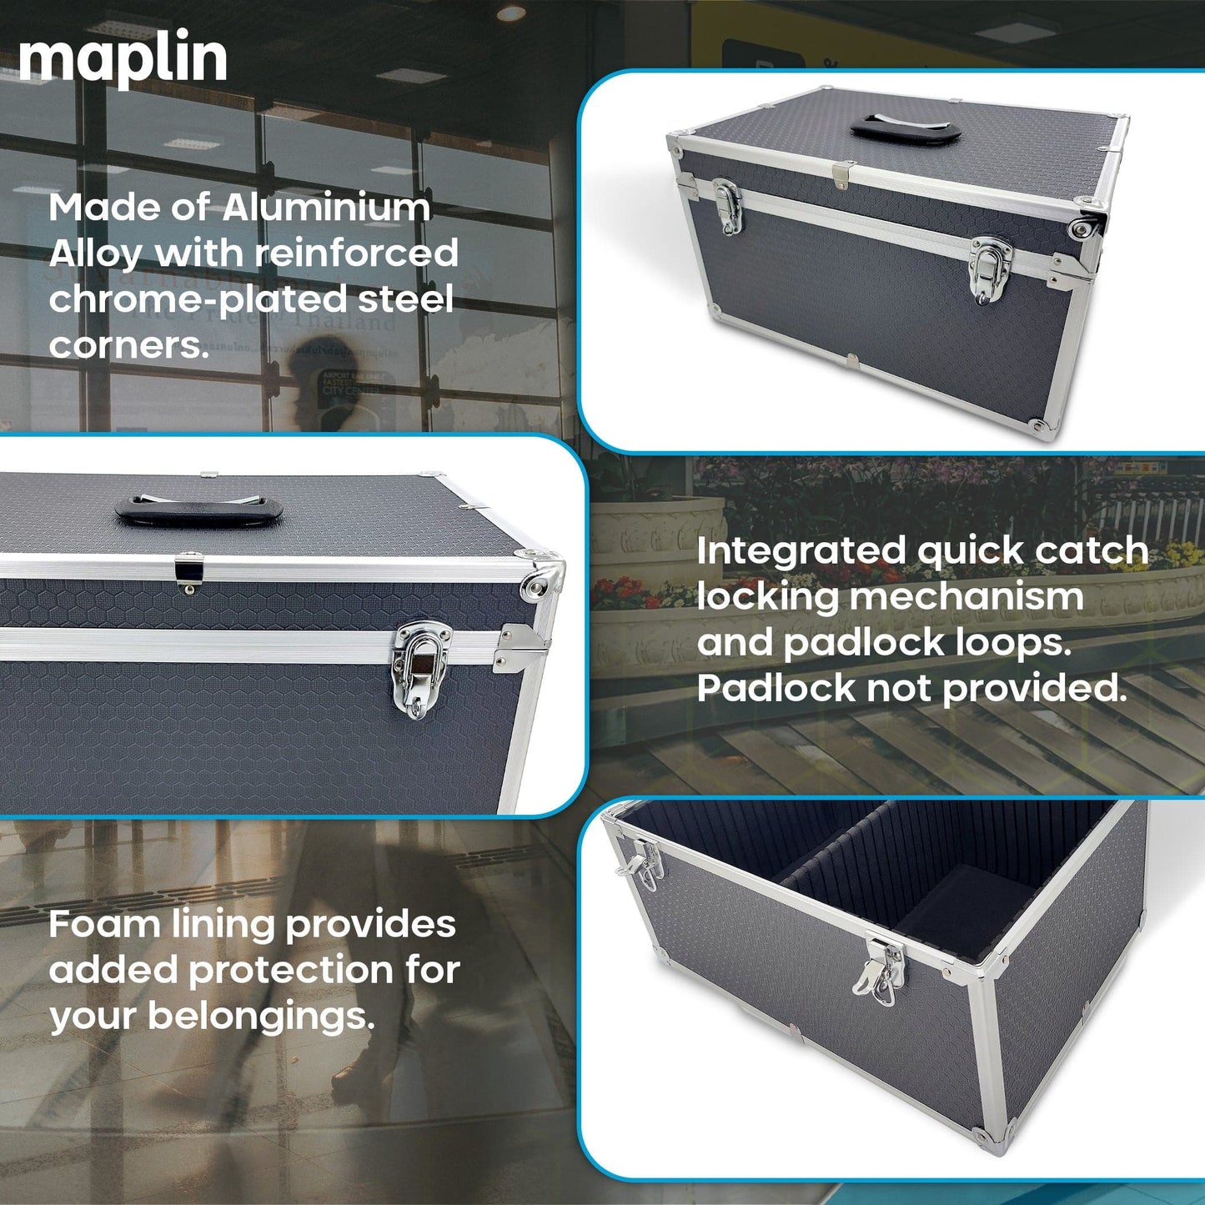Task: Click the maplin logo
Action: pos(123,60)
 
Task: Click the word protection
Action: pos(291,971)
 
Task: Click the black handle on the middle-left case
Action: pos(198,510)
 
